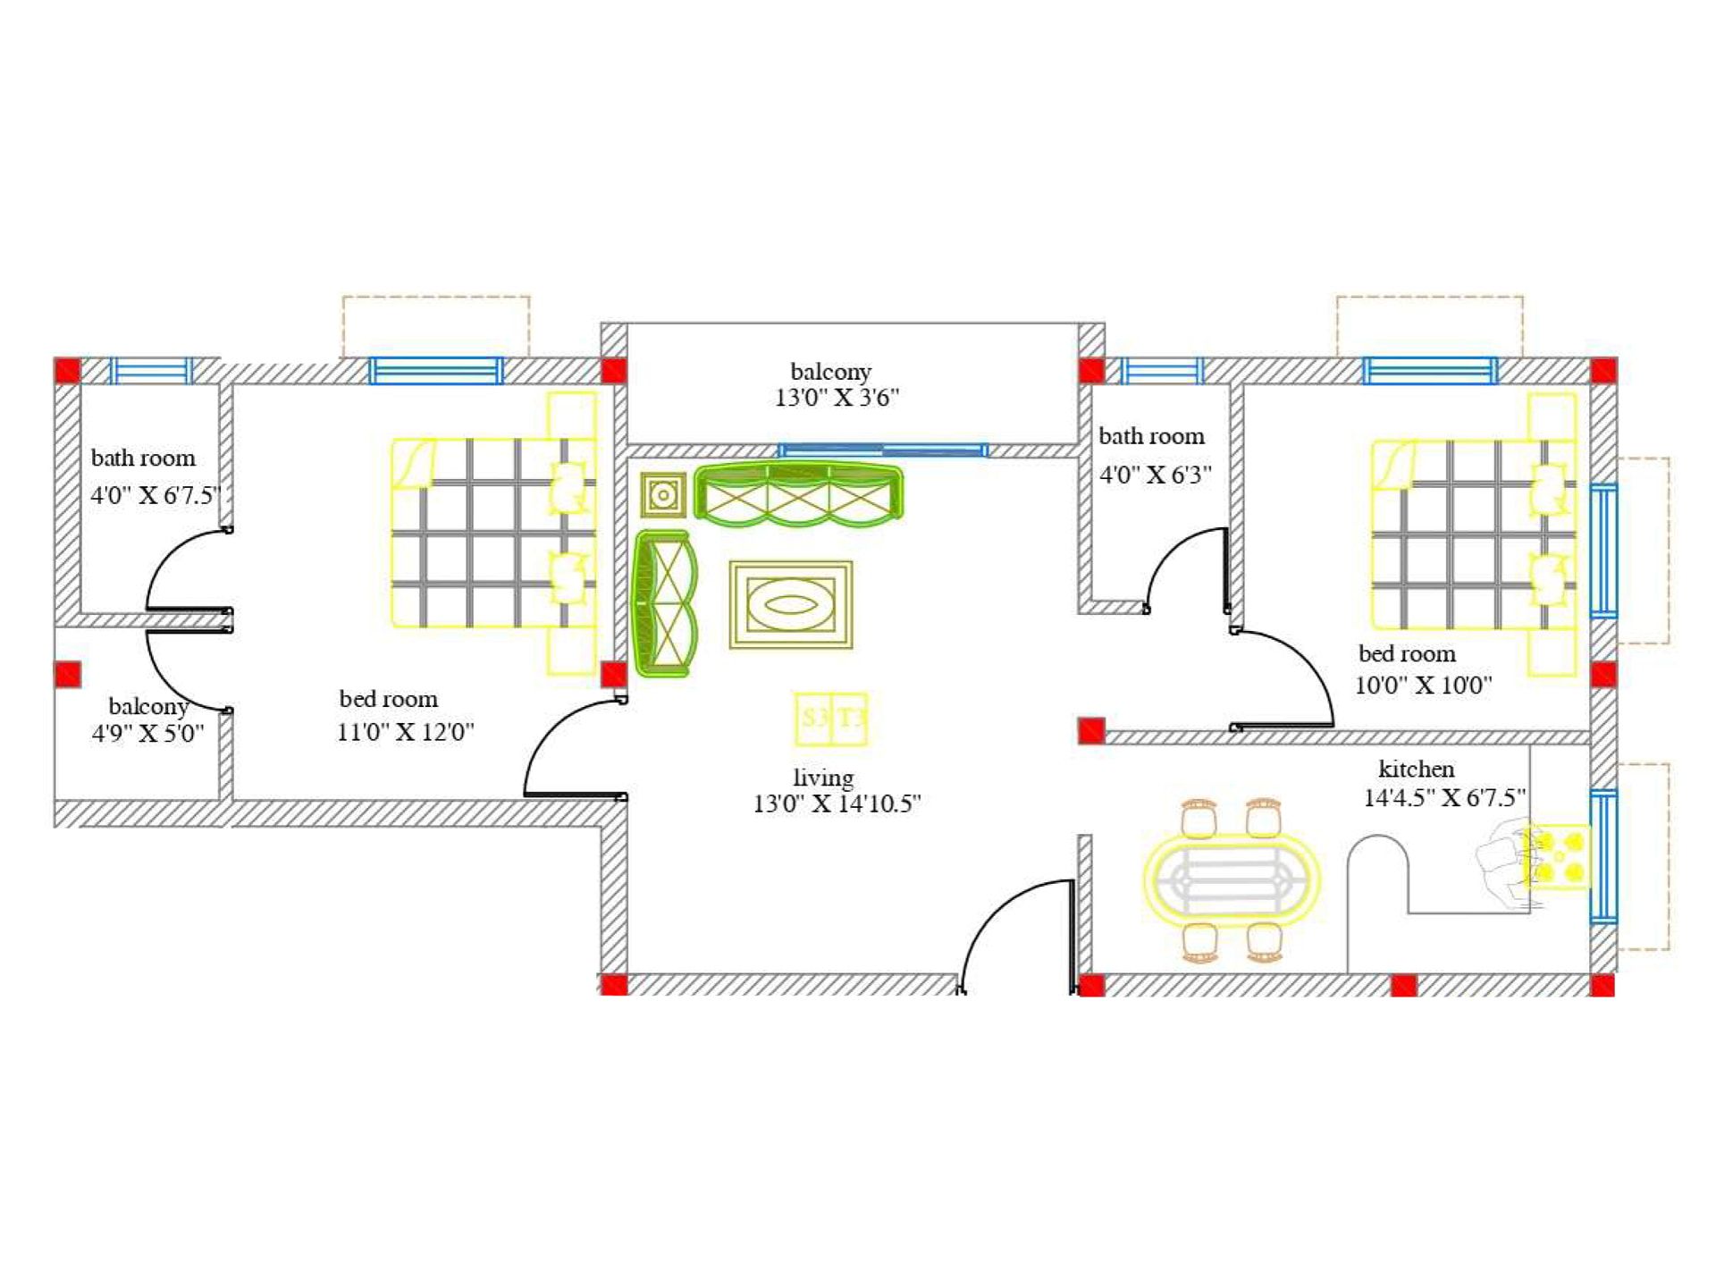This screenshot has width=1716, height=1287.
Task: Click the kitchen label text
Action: (x=1416, y=769)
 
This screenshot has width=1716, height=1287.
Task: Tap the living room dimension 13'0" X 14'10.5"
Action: (x=837, y=803)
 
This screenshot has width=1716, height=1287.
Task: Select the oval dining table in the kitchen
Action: (x=1232, y=880)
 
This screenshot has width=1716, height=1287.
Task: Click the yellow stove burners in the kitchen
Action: (x=1556, y=856)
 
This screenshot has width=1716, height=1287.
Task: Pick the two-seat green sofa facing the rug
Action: (x=663, y=603)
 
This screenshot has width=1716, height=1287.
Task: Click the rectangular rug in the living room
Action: (x=791, y=604)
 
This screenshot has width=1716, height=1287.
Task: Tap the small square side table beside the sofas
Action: (x=663, y=494)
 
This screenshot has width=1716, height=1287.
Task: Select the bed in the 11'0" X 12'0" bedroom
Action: (x=494, y=533)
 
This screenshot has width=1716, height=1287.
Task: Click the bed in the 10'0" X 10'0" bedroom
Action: (x=1474, y=534)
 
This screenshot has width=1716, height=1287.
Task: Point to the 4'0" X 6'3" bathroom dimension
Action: (x=1156, y=475)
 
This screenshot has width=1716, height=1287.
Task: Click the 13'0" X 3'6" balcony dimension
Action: (x=837, y=398)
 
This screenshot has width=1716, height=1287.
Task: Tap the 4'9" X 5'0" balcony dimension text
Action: (x=147, y=733)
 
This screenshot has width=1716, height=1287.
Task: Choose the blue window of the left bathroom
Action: (x=151, y=370)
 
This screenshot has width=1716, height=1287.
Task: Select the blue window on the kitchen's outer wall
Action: (x=1603, y=856)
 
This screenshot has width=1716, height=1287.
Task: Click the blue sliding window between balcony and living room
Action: (x=883, y=450)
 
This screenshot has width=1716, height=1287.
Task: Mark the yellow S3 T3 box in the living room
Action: (x=831, y=719)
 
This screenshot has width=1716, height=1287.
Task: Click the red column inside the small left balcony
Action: (x=68, y=674)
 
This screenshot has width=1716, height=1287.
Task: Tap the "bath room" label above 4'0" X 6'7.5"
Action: (x=143, y=458)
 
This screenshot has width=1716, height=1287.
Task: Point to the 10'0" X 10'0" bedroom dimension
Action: (x=1424, y=686)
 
